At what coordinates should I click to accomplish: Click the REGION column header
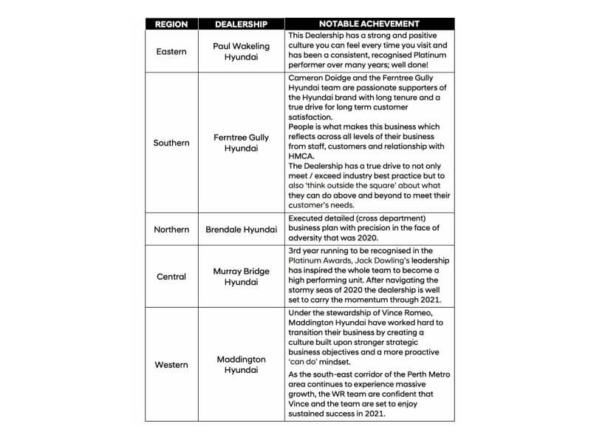[171, 24]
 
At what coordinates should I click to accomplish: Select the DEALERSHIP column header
[241, 24]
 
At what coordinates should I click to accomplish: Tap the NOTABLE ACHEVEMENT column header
[369, 24]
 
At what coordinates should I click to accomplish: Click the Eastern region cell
[171, 51]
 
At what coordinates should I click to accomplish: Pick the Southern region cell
[171, 143]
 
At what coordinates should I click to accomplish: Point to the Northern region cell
[171, 229]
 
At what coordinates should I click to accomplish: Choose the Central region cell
[171, 277]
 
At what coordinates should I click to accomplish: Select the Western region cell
[171, 365]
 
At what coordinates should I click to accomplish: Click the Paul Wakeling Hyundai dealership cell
[241, 51]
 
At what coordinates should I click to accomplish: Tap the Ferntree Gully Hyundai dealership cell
[241, 143]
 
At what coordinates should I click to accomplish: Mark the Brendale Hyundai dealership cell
[241, 229]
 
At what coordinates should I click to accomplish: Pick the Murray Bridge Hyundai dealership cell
[241, 277]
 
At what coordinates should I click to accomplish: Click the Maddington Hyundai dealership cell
[241, 365]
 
